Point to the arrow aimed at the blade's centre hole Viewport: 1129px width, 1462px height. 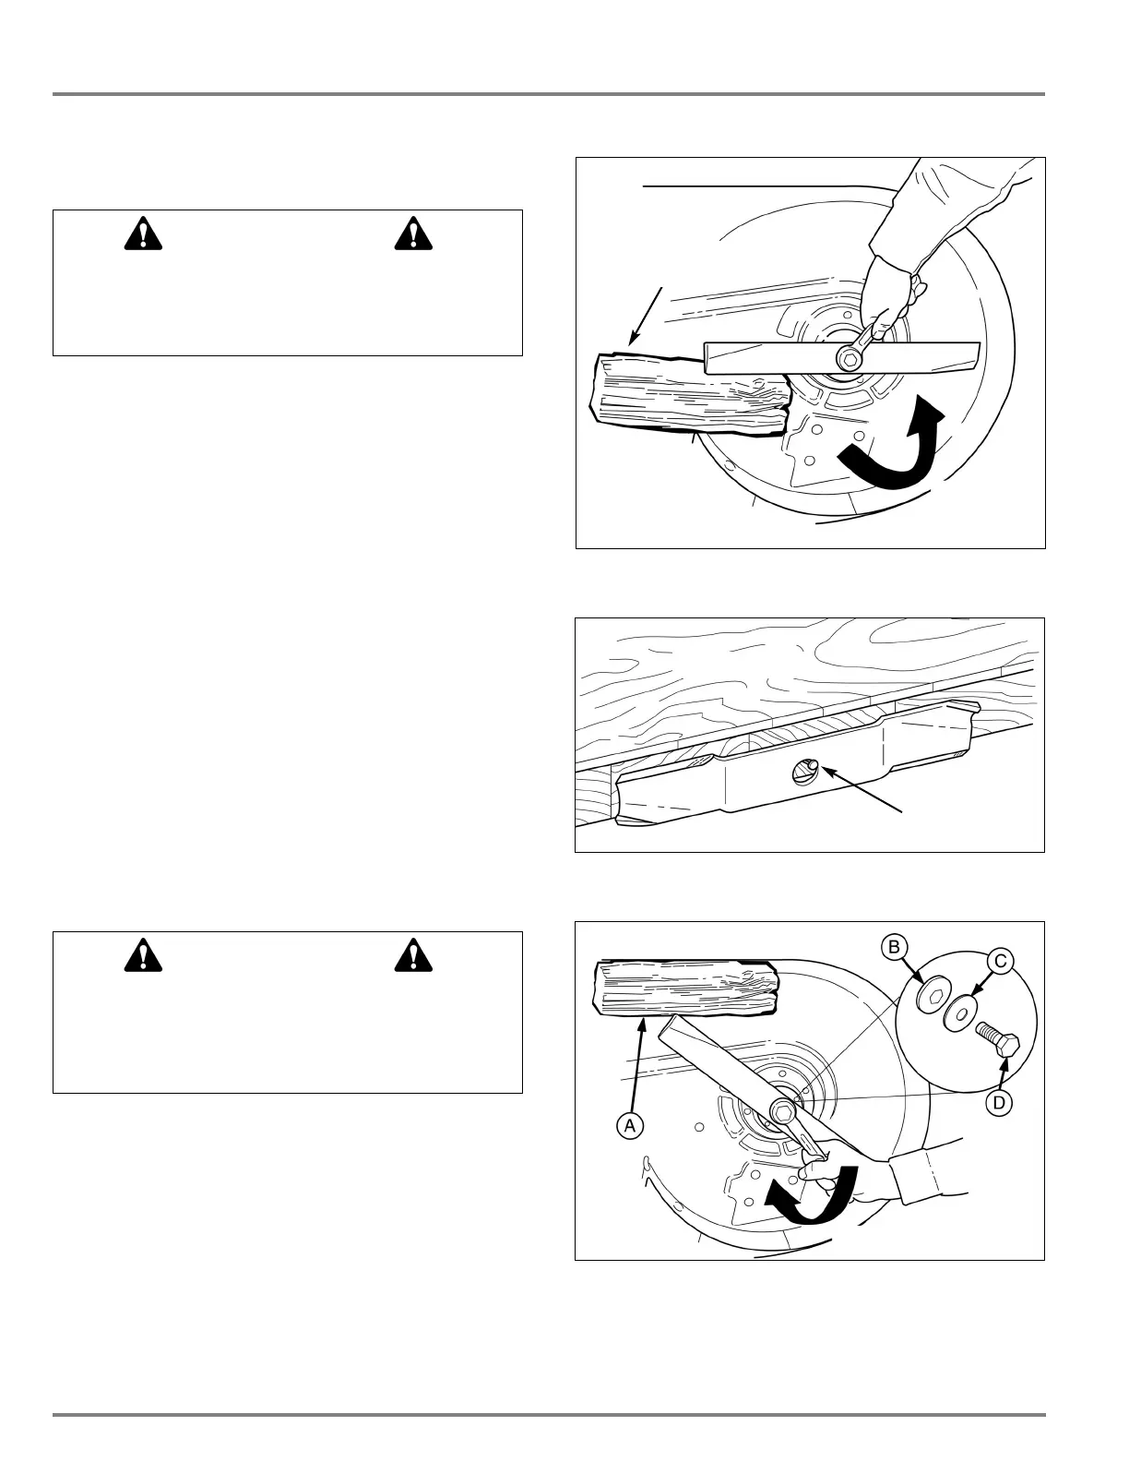[862, 789]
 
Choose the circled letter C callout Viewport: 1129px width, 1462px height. [999, 961]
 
